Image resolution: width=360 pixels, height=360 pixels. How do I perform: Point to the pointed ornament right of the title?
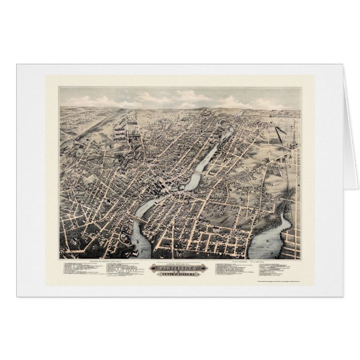click(x=206, y=269)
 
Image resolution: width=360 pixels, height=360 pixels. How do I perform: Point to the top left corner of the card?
click(x=17, y=64)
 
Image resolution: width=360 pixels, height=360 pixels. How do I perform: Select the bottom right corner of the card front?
click(x=343, y=296)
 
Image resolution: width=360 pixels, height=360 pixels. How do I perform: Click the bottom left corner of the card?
click(x=17, y=296)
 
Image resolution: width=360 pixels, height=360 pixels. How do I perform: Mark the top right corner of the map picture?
click(x=301, y=87)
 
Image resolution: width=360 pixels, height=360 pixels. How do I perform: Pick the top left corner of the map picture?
click(x=60, y=87)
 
